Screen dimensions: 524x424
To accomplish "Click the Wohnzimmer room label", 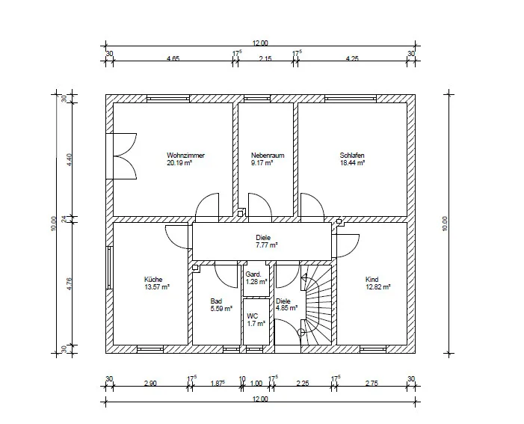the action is coord(185,156).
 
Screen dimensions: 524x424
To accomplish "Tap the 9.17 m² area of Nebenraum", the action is coord(262,163).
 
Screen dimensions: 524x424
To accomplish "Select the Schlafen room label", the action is coord(352,156).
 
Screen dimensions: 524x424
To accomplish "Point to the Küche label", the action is coord(153,279).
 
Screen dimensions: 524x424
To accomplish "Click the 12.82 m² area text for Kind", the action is coord(378,287).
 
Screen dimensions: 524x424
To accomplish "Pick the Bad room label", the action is coord(216,301).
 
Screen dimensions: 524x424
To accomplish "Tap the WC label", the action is coord(253,316).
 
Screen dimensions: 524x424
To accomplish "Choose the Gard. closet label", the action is coord(253,274).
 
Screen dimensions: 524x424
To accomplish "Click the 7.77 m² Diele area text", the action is coord(267,245).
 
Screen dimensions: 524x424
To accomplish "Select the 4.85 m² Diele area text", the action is coord(287,308).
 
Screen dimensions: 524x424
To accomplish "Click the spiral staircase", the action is coord(316,305).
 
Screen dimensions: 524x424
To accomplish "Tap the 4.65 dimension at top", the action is coord(173,58).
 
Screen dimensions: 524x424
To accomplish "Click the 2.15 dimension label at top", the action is coord(265,58).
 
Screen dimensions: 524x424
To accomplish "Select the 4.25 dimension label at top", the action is coord(352,58).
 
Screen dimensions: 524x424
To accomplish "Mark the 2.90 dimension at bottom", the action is coord(150,383).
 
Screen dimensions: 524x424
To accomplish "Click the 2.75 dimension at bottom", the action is coord(372,383).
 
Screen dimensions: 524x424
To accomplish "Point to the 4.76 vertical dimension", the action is coord(69,283).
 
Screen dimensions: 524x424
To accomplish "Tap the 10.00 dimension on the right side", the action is coord(445,224).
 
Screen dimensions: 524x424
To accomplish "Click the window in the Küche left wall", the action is coord(109,268).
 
